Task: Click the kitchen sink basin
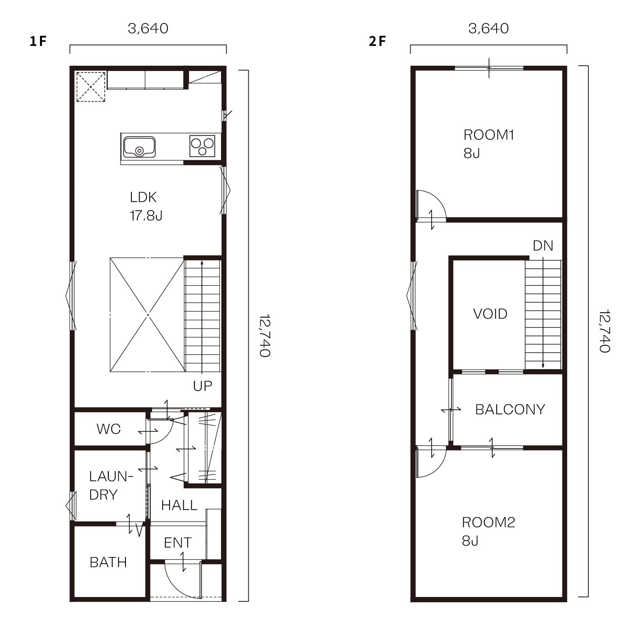(x=139, y=147)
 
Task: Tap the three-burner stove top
(x=202, y=146)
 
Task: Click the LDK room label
(x=143, y=197)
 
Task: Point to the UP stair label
(x=203, y=386)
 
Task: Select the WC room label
(x=109, y=429)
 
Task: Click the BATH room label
(x=109, y=562)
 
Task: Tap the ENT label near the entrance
(x=178, y=542)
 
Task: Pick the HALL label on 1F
(x=179, y=505)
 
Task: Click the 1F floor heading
(x=38, y=41)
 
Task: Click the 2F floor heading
(x=377, y=41)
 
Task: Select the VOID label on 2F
(x=490, y=314)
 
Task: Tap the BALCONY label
(x=510, y=409)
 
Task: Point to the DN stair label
(x=543, y=246)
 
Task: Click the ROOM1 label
(x=489, y=135)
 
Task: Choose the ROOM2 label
(x=489, y=523)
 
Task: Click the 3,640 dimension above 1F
(x=148, y=29)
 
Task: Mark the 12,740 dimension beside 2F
(x=604, y=331)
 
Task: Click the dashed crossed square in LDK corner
(x=91, y=87)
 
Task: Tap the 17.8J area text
(x=146, y=215)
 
